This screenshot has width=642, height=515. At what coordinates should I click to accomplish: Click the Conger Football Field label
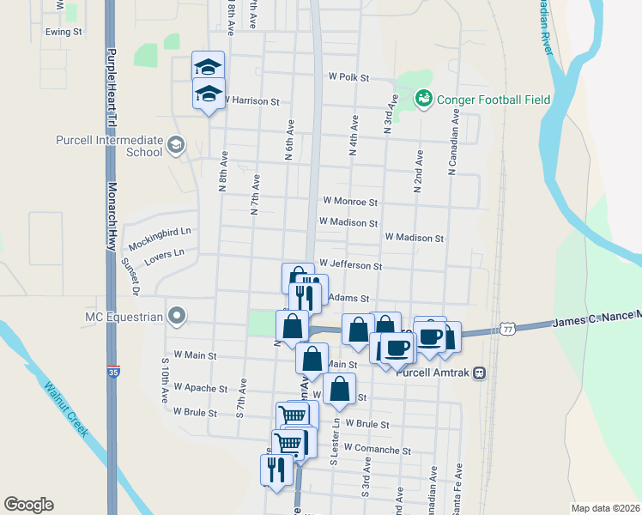point(494,100)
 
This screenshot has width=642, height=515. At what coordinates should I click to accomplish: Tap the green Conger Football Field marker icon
point(423,100)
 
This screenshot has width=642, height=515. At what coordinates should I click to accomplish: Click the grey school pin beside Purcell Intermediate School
point(176,144)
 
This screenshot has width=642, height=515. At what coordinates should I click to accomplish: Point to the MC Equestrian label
point(124,317)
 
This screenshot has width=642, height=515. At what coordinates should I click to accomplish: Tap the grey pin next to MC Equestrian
point(177,317)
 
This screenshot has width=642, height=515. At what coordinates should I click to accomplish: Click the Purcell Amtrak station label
point(433,373)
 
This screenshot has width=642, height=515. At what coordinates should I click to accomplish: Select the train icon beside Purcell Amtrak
point(479,373)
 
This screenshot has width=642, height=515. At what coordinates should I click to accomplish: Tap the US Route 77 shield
point(509,329)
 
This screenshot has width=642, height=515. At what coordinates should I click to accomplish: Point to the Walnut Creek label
point(66,409)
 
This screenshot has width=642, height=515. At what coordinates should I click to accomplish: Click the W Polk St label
point(348,77)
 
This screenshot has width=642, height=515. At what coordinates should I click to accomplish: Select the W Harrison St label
point(252,101)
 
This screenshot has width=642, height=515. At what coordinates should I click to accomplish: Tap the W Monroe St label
point(350,201)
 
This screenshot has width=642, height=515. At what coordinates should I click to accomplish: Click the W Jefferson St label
point(350,266)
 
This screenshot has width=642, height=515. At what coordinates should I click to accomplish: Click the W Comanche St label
point(377,449)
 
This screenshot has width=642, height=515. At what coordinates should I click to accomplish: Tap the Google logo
point(29,505)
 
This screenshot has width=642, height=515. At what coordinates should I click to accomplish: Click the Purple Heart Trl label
point(111,77)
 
